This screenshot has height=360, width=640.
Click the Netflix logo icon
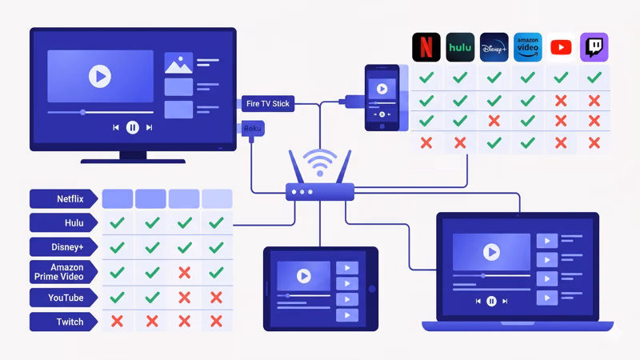tap(426, 47)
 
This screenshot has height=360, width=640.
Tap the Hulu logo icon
tap(460, 47)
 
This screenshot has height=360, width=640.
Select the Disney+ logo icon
tap(494, 47)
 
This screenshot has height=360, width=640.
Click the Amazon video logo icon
tap(527, 47)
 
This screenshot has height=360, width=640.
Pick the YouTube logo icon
tap(561, 47)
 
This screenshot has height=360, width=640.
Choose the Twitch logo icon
tap(594, 47)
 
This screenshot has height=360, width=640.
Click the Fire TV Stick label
tap(269, 103)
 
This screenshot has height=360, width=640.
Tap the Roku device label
tap(253, 127)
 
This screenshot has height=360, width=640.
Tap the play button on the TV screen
tap(99, 77)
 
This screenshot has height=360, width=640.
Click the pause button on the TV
tap(133, 127)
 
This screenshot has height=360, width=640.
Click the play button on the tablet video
tap(303, 276)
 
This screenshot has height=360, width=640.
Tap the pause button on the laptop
tap(491, 301)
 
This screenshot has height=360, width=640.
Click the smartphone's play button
tap(382, 89)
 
